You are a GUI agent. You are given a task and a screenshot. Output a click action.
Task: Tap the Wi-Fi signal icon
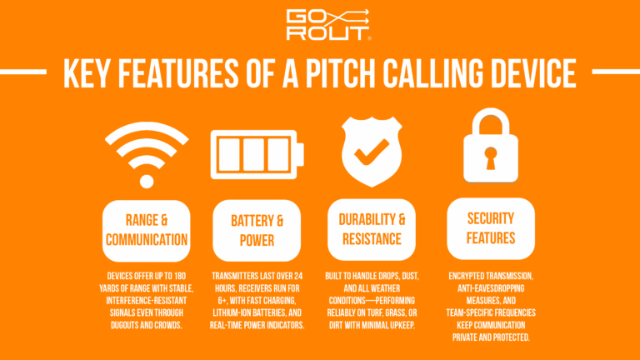(x=147, y=153)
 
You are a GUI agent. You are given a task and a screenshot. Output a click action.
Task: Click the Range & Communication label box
(x=147, y=229)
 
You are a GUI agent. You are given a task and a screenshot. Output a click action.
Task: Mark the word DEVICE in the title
(x=530, y=75)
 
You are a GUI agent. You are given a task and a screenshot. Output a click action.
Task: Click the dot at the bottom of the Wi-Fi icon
(x=147, y=182)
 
